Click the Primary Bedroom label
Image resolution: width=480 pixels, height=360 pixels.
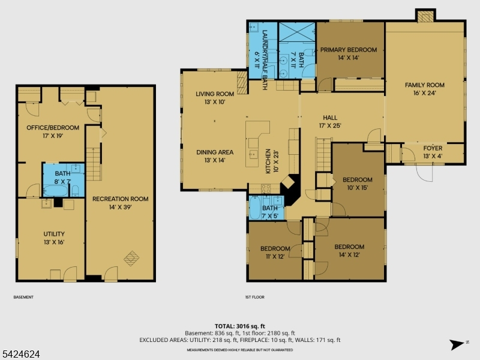tap(349, 53)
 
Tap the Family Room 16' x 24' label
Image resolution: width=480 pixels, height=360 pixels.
tap(425, 89)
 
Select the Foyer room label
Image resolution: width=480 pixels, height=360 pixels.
tap(433, 152)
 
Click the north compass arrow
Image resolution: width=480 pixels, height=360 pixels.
tap(457, 344)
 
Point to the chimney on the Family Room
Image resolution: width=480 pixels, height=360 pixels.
tap(425, 16)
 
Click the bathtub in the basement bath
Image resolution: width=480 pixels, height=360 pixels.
tap(55, 191)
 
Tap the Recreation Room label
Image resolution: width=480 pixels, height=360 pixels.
tap(121, 203)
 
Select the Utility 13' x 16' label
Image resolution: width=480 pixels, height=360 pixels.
tap(54, 238)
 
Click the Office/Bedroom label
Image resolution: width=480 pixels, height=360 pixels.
tap(53, 131)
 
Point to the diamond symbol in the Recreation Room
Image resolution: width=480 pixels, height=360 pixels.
tap(131, 259)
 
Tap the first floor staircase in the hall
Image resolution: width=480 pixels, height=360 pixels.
tap(323, 155)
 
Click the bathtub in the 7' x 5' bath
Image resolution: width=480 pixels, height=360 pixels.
tap(254, 208)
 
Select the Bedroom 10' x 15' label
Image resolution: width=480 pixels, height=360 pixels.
tap(357, 184)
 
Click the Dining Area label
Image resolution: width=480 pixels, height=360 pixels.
tap(215, 156)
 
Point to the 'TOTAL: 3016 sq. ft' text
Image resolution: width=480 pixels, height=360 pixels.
tap(239, 326)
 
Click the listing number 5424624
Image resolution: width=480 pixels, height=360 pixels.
tap(20, 354)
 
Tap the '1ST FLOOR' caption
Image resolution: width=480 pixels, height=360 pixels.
tap(254, 297)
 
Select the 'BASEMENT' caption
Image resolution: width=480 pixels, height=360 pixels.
tap(23, 297)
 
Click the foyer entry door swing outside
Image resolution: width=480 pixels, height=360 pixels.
tap(424, 173)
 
